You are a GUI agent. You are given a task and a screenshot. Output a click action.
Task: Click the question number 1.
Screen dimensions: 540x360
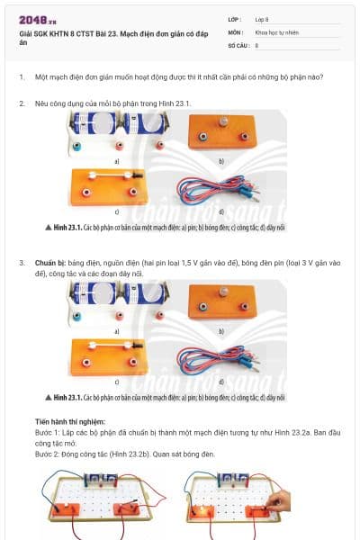pyautogui.click(x=22, y=76)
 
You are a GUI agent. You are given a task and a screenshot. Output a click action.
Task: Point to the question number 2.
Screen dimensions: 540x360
pyautogui.click(x=22, y=103)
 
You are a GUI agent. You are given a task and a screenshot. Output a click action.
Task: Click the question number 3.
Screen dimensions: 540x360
pyautogui.click(x=22, y=262)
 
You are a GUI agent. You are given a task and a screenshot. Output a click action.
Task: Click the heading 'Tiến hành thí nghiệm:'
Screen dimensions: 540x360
pyautogui.click(x=70, y=421)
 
